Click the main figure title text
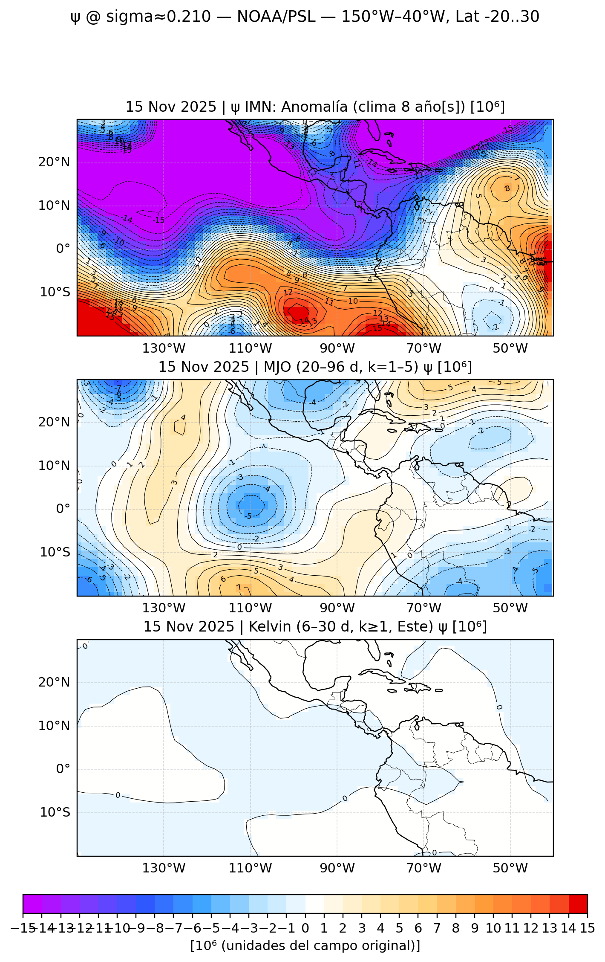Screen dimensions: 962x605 pos(305,17)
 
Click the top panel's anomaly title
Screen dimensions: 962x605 pos(315,107)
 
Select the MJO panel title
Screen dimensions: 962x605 pos(315,367)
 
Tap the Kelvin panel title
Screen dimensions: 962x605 pos(315,627)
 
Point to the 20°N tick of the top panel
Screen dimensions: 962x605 pos(54,162)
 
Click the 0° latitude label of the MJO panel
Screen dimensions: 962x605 pos(63,509)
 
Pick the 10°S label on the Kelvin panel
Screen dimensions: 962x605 pos(55,812)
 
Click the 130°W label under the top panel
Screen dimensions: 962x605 pos(164,348)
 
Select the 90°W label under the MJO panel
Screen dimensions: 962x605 pos(337,608)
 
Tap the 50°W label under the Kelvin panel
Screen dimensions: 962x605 pos(510,868)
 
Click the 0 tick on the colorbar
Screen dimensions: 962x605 pos(305,928)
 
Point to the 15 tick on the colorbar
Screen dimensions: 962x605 pos(587,928)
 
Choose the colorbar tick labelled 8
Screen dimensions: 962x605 pos(455,928)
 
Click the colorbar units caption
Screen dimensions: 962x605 pos(305,946)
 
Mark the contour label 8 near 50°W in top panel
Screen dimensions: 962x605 pos(507,188)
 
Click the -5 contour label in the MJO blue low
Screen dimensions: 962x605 pos(249,516)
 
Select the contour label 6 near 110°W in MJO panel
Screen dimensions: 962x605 pos(223,579)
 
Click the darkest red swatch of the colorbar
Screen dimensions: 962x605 pos(578,904)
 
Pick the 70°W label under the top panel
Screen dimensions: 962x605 pos(423,348)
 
